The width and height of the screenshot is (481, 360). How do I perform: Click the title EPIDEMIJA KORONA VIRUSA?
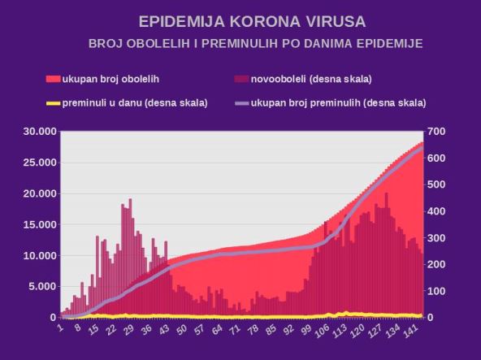[x=240, y=20]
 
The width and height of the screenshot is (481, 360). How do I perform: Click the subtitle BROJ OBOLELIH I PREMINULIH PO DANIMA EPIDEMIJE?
[x=255, y=42]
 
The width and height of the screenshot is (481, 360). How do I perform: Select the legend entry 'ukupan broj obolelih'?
[x=114, y=79]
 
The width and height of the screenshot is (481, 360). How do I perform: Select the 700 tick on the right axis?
[x=439, y=132]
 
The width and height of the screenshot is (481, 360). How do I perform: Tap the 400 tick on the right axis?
[x=439, y=211]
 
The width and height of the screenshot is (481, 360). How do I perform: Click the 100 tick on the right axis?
[x=439, y=291]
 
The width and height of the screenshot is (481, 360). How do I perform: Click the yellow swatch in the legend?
[x=54, y=103]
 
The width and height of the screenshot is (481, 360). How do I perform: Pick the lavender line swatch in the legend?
[x=241, y=103]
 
